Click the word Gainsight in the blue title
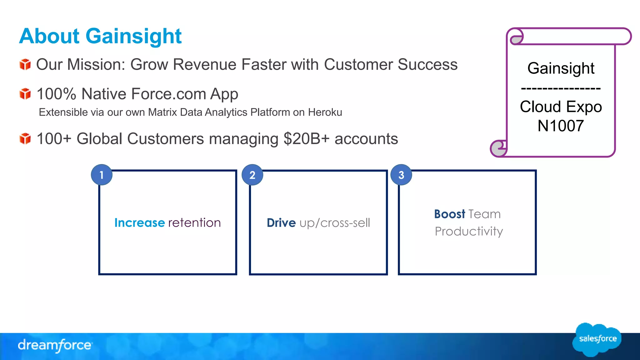[x=133, y=36]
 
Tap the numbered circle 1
[x=102, y=175]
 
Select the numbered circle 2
[x=252, y=175]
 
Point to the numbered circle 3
[x=401, y=175]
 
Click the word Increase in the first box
[x=139, y=223]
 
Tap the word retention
[x=194, y=223]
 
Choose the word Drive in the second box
[x=281, y=223]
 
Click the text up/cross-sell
[x=335, y=223]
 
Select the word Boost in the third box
[x=449, y=214]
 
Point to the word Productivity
[x=469, y=232]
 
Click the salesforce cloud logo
[x=597, y=339]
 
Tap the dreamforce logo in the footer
[x=55, y=345]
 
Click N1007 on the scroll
[x=561, y=126]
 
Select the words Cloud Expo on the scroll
[x=561, y=107]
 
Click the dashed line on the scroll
[x=561, y=89]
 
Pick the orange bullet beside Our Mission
[x=25, y=65]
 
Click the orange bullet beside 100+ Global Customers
[x=25, y=139]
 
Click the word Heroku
[x=325, y=112]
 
